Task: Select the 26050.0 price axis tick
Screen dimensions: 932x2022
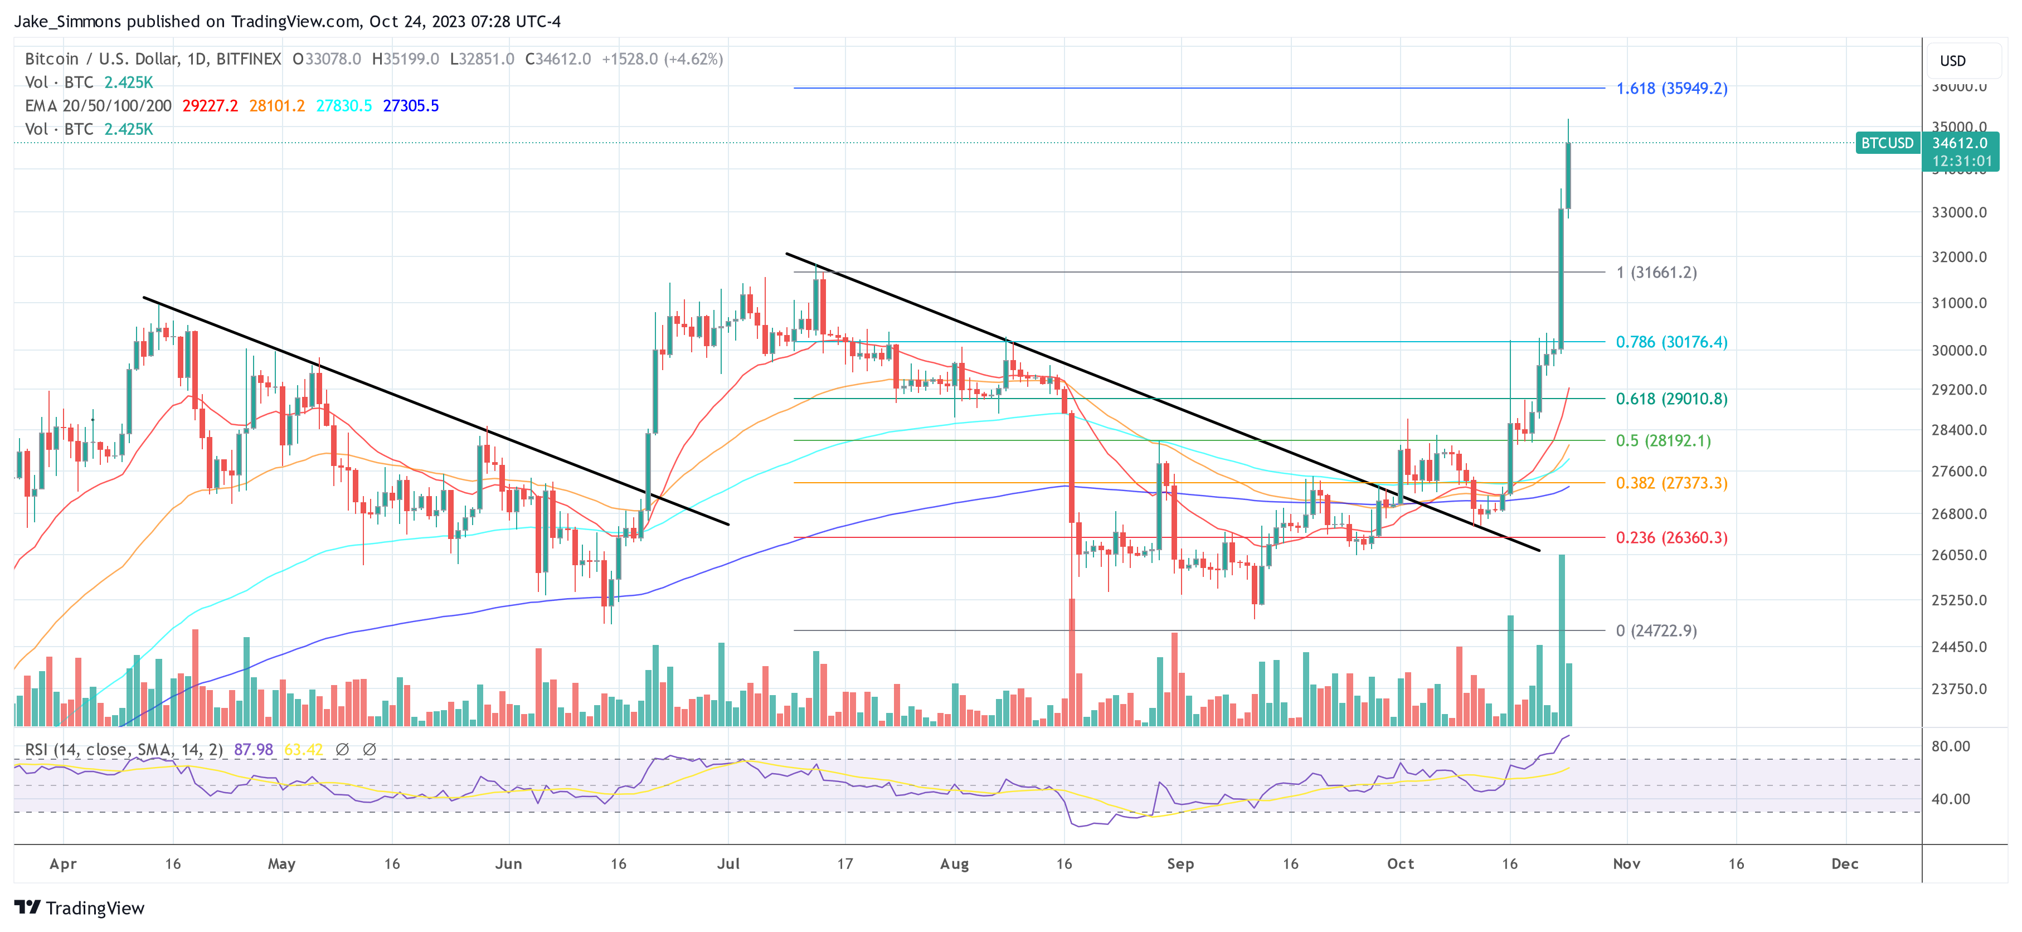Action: (x=1958, y=555)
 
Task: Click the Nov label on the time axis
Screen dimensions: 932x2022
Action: (x=1626, y=863)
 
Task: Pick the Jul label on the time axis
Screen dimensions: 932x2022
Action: (x=728, y=863)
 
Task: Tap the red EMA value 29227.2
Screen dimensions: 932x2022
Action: (x=210, y=106)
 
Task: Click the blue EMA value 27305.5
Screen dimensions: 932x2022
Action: (x=411, y=106)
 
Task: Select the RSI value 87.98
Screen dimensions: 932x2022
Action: (x=253, y=750)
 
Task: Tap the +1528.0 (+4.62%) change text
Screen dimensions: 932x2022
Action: (x=662, y=60)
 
